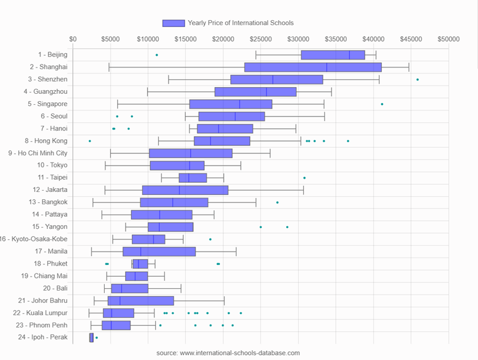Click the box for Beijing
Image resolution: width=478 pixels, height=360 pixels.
(x=333, y=55)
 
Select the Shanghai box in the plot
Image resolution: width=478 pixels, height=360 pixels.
(x=313, y=67)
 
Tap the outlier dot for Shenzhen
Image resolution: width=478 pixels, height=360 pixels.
(x=418, y=80)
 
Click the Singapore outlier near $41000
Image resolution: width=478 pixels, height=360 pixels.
(x=382, y=104)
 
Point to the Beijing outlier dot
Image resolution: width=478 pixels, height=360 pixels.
(x=157, y=55)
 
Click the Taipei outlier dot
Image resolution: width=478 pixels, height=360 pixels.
(x=305, y=178)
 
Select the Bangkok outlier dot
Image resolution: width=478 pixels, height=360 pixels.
(x=277, y=202)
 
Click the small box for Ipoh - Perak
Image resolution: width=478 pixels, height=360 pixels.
(x=91, y=337)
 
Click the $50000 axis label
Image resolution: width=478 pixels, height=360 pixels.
(x=448, y=39)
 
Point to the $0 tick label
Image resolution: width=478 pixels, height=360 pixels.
(x=73, y=39)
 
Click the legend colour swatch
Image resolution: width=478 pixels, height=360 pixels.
(x=173, y=23)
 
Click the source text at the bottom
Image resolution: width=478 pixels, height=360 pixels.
(x=228, y=353)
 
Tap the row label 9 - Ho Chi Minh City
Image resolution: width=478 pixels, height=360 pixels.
(x=38, y=153)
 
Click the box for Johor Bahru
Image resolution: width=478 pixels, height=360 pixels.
(x=141, y=301)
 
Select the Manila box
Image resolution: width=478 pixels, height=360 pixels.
(x=159, y=251)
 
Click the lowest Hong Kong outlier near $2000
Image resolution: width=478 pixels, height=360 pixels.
(x=89, y=141)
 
